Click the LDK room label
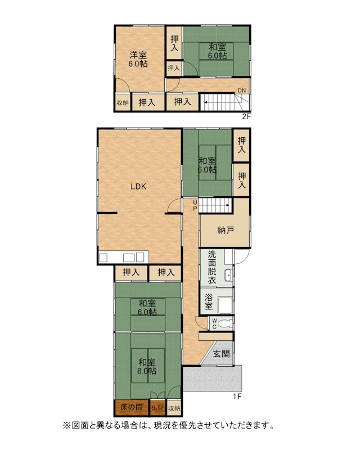tap(138, 187)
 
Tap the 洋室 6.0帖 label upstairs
tap(138, 59)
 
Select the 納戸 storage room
tap(225, 230)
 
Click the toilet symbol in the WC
tap(226, 324)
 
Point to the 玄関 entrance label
tap(221, 354)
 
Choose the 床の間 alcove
tap(132, 407)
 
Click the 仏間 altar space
tap(157, 407)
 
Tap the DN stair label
tap(241, 91)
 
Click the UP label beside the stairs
tap(195, 205)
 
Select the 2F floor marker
tap(246, 116)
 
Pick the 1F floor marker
tap(237, 397)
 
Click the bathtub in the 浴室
tap(225, 305)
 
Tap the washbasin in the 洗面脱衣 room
tap(228, 276)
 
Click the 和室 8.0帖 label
tap(147, 366)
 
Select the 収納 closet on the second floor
tap(123, 102)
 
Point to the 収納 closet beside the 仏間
tap(174, 407)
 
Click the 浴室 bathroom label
tap(209, 301)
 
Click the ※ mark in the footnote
tap(66, 425)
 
